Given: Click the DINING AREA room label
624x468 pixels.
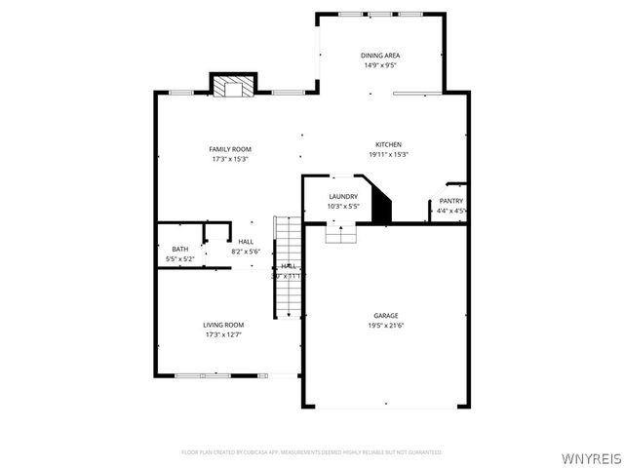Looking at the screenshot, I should pos(380,56).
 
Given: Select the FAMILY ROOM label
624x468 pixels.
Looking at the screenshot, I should pos(230,149).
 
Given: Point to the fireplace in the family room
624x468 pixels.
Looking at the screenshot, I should pos(233,88).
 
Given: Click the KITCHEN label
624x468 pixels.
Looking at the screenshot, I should pos(388,144).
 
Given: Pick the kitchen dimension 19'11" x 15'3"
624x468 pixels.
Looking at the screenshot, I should pos(388,155).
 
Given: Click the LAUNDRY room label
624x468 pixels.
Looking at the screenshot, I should pos(343,196).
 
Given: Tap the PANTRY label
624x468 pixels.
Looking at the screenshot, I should pos(450,201).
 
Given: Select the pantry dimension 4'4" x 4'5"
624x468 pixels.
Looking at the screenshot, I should pos(450,211).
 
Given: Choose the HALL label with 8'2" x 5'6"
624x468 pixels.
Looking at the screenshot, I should pos(246,241).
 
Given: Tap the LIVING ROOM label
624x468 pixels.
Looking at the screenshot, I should pos(223,325).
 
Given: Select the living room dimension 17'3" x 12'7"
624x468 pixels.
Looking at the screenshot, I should pos(223,334).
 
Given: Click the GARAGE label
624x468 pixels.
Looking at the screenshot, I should pos(385,315).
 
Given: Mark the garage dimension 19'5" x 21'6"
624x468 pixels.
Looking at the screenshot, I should pos(385,325).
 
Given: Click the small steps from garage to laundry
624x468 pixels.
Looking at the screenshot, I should pos(340,233).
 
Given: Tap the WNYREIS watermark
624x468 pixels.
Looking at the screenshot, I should pos(589,456).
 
